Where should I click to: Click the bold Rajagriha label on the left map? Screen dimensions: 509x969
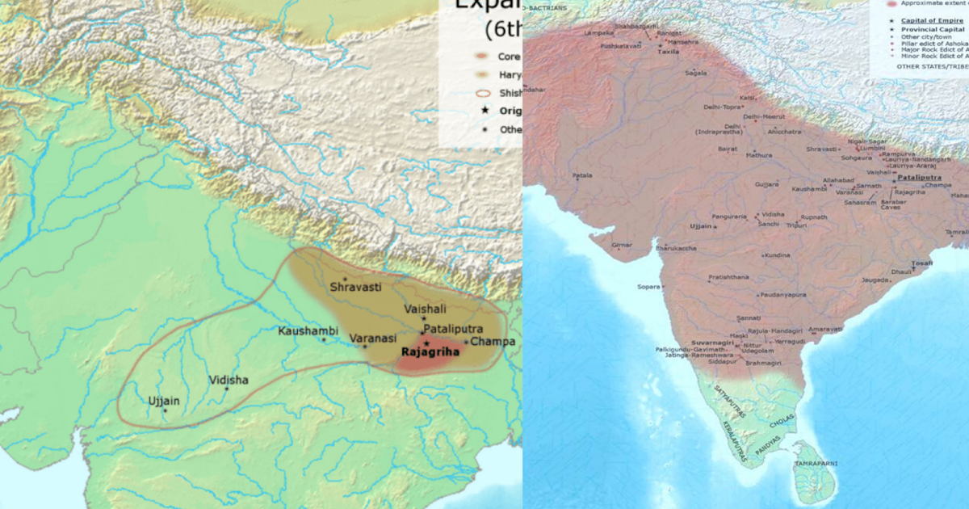[x=430, y=352]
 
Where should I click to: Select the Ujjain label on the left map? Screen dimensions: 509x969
[x=164, y=401]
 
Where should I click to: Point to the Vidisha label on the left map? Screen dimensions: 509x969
[x=229, y=380]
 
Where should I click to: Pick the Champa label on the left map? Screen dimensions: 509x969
[x=493, y=342]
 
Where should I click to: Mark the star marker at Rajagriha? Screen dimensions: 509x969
[x=426, y=343]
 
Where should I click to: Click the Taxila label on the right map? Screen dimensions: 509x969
[x=668, y=51]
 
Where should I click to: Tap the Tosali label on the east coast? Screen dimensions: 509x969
[x=921, y=263]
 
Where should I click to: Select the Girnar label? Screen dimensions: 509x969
[x=622, y=244]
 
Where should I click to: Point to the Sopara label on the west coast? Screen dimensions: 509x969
[x=648, y=286]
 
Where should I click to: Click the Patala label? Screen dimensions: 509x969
[x=582, y=175]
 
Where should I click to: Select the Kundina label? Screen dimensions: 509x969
[x=777, y=255]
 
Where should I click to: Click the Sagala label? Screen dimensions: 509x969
[x=696, y=73]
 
